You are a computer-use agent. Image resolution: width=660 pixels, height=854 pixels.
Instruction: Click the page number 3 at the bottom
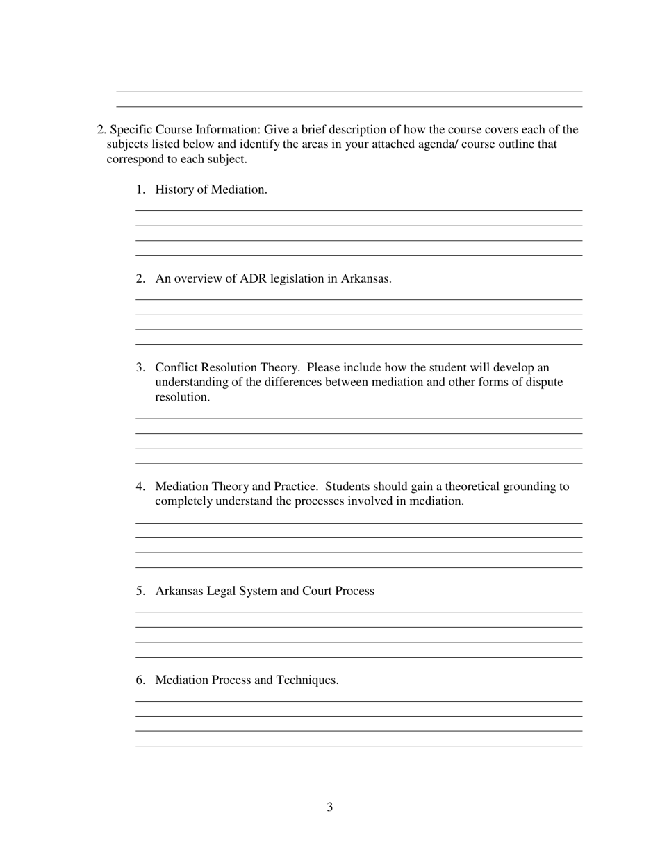coord(329,807)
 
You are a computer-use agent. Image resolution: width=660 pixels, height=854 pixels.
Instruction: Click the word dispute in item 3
coord(542,382)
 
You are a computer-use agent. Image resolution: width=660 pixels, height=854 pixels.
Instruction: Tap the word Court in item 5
coord(316,591)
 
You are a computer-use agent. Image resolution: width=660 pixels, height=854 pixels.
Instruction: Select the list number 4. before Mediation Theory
coord(140,486)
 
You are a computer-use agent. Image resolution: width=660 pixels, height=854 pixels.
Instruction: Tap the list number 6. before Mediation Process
coord(140,680)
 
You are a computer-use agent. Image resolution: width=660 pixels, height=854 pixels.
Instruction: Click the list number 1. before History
coord(140,190)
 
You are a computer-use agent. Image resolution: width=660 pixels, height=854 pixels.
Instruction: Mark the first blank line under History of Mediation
coord(358,210)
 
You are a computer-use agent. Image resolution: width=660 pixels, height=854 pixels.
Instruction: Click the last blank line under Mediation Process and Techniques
coord(358,746)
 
